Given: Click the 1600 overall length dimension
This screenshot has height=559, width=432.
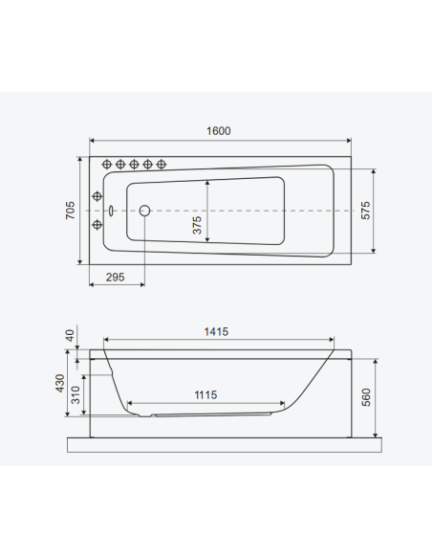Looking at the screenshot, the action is [x=219, y=131].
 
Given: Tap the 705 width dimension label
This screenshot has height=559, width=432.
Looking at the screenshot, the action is [x=71, y=211].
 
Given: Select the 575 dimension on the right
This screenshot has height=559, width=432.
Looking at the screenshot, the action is [x=365, y=211].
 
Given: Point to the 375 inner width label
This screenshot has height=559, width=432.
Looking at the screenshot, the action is [x=197, y=225].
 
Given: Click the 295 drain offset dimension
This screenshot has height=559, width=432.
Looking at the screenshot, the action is [x=115, y=277].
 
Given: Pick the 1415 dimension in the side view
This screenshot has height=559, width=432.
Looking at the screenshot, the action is [x=216, y=332].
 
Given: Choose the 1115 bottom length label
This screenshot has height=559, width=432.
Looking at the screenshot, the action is [x=205, y=395].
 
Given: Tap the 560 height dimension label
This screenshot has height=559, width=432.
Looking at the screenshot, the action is [x=366, y=397].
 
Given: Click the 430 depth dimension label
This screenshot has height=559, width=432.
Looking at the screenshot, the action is [x=60, y=383].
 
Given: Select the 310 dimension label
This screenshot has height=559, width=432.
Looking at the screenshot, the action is [x=76, y=395].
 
